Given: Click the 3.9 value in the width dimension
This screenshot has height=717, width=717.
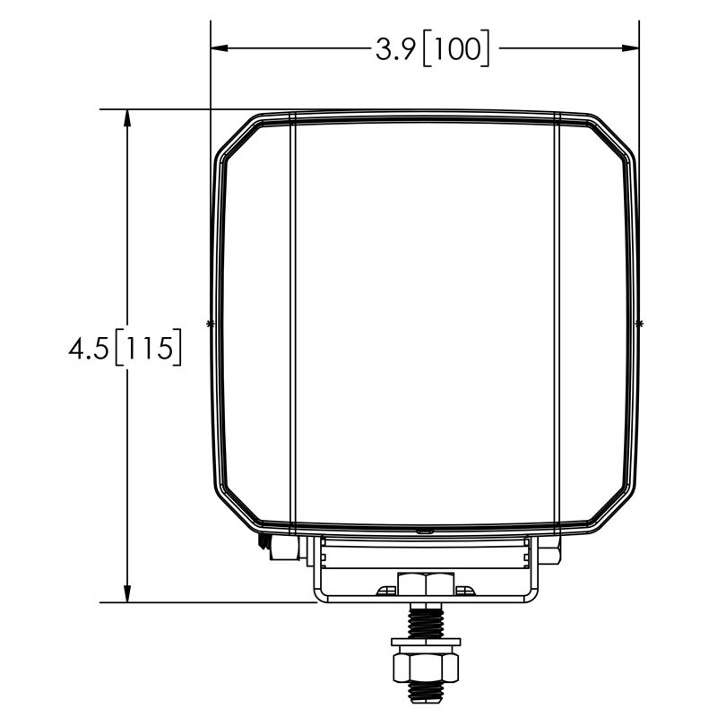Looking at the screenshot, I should pyautogui.click(x=394, y=49).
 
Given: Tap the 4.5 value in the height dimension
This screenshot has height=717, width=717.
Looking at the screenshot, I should pyautogui.click(x=88, y=347).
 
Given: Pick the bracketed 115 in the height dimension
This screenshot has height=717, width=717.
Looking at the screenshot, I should pyautogui.click(x=150, y=347).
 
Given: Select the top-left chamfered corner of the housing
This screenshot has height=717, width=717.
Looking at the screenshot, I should pyautogui.click(x=237, y=136).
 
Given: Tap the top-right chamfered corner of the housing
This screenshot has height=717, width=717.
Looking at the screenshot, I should pyautogui.click(x=614, y=136).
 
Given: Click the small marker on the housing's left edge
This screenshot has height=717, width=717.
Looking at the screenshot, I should pyautogui.click(x=211, y=322).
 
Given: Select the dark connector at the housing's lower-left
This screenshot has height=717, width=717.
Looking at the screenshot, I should pyautogui.click(x=265, y=541).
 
